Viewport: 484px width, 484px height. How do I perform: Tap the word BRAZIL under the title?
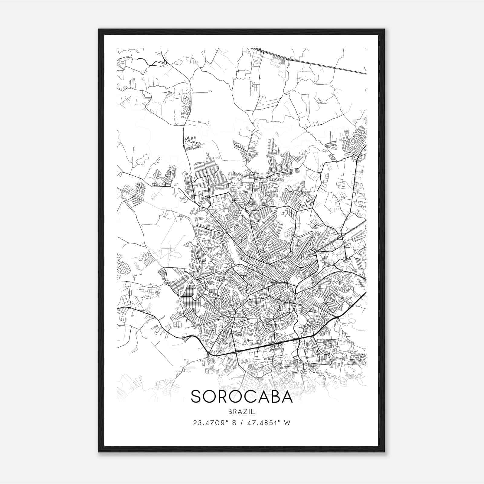242,412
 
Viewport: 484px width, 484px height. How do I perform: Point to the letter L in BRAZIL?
254,412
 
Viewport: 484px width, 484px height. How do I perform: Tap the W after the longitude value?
287,423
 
